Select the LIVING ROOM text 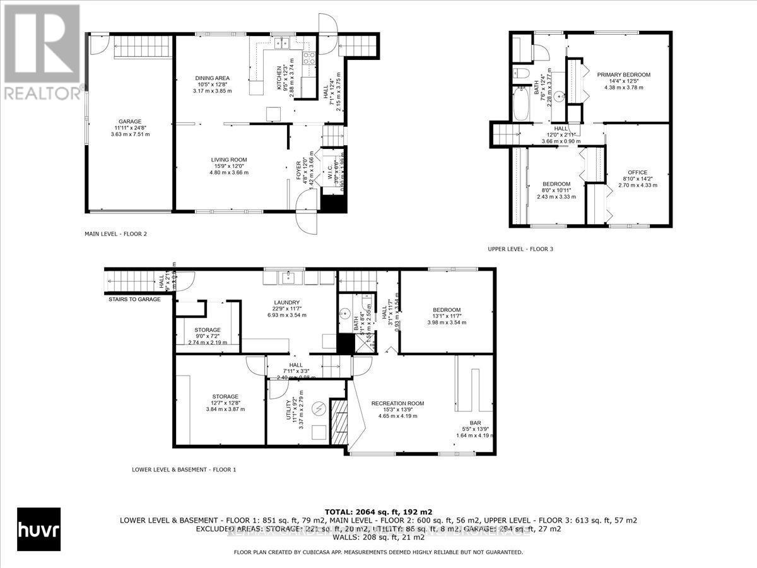click(x=229, y=160)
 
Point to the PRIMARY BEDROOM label click(x=623, y=74)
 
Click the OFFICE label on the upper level click(x=637, y=172)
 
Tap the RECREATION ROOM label click(x=397, y=403)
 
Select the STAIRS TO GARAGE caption click(x=134, y=299)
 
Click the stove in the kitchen click(x=309, y=59)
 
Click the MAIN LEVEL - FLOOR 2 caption click(x=115, y=234)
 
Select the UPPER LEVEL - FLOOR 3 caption click(x=520, y=249)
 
